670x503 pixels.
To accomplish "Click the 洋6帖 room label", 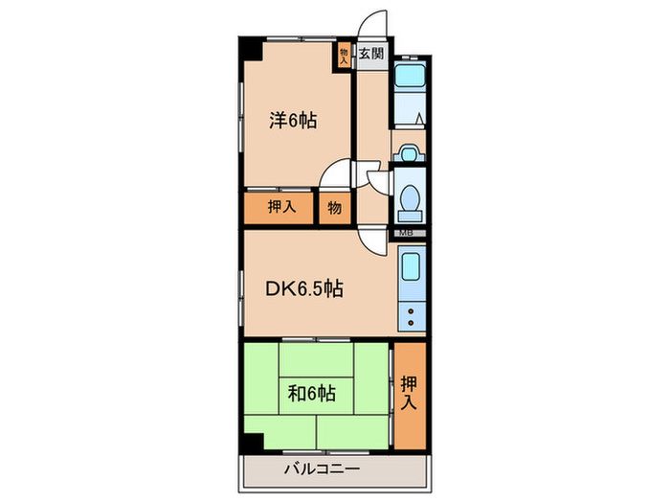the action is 293,121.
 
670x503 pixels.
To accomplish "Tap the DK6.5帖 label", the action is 304,288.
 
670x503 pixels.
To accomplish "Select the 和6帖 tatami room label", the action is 312,393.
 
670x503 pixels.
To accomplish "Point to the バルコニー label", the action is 322,469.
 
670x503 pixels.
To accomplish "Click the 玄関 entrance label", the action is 371,54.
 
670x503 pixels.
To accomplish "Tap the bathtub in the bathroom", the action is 410,75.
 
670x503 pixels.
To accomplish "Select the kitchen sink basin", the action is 411,266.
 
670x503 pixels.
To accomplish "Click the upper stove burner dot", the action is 411,311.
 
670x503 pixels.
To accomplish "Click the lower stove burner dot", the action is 411,323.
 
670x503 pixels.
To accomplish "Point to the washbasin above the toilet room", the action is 410,153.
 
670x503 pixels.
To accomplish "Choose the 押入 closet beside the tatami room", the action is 410,395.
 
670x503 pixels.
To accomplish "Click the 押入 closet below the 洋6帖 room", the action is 279,208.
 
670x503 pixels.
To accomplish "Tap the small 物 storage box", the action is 335,208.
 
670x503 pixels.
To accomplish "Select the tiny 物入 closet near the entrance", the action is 345,55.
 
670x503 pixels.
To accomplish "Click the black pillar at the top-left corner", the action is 251,49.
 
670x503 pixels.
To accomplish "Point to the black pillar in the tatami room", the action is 252,444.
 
